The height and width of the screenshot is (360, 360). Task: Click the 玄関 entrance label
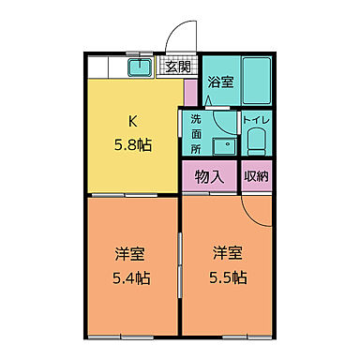(x=178, y=66)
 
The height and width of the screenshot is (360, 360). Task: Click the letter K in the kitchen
(x=133, y=122)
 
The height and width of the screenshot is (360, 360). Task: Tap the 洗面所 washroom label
(x=196, y=135)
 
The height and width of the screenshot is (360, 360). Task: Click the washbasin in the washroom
(x=223, y=146)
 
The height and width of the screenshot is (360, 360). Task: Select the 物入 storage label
(x=208, y=176)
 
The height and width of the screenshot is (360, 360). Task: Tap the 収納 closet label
(x=255, y=176)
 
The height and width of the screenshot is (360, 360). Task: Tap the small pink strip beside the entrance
(x=189, y=92)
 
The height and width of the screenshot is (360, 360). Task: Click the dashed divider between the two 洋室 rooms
(x=178, y=272)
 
